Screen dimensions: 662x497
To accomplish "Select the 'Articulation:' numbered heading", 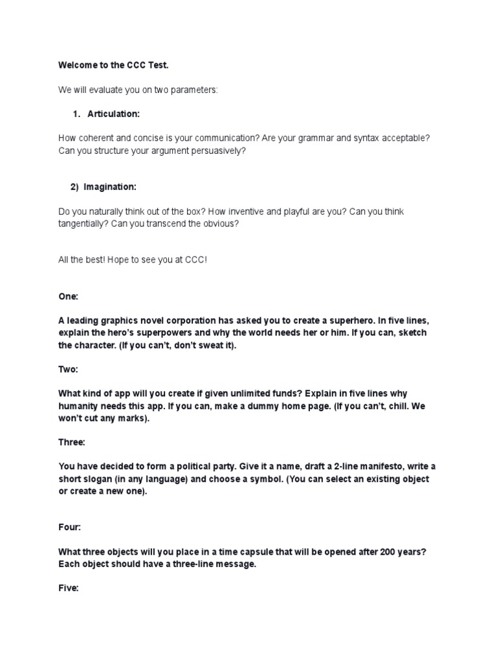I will click(x=113, y=114).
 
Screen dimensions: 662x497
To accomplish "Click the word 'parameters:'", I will click(x=197, y=90).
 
